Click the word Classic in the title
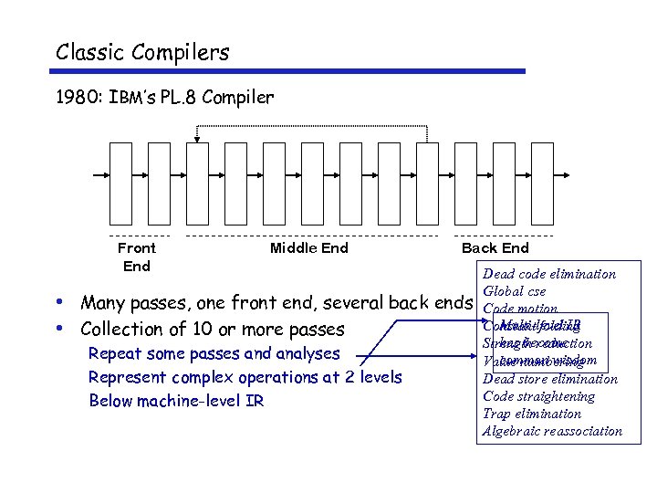click(89, 52)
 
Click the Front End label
click(136, 257)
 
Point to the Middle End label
click(308, 247)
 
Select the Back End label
click(495, 247)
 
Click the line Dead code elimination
click(548, 274)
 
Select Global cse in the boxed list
click(514, 291)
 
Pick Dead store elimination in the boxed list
click(549, 379)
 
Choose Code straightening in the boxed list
click(538, 396)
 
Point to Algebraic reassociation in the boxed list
click(552, 431)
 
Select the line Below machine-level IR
click(176, 400)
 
